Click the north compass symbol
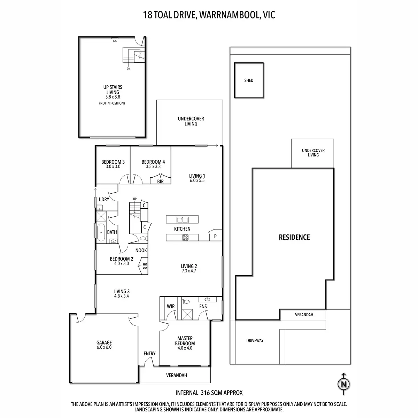(x=344, y=384)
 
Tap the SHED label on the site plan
(x=249, y=80)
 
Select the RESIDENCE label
(x=294, y=237)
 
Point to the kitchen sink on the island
(x=183, y=219)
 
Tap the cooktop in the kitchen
(x=185, y=238)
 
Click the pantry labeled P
(x=215, y=236)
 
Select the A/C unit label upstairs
(x=115, y=41)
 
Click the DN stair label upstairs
(x=129, y=69)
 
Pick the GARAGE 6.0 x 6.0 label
(x=104, y=345)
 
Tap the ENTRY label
(x=149, y=354)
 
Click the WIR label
(x=171, y=307)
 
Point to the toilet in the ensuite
(x=186, y=302)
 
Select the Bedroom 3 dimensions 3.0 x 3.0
(x=113, y=167)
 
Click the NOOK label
(x=141, y=250)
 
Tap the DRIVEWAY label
(x=255, y=340)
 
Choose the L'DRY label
(x=104, y=199)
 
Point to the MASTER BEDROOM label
(x=185, y=341)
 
